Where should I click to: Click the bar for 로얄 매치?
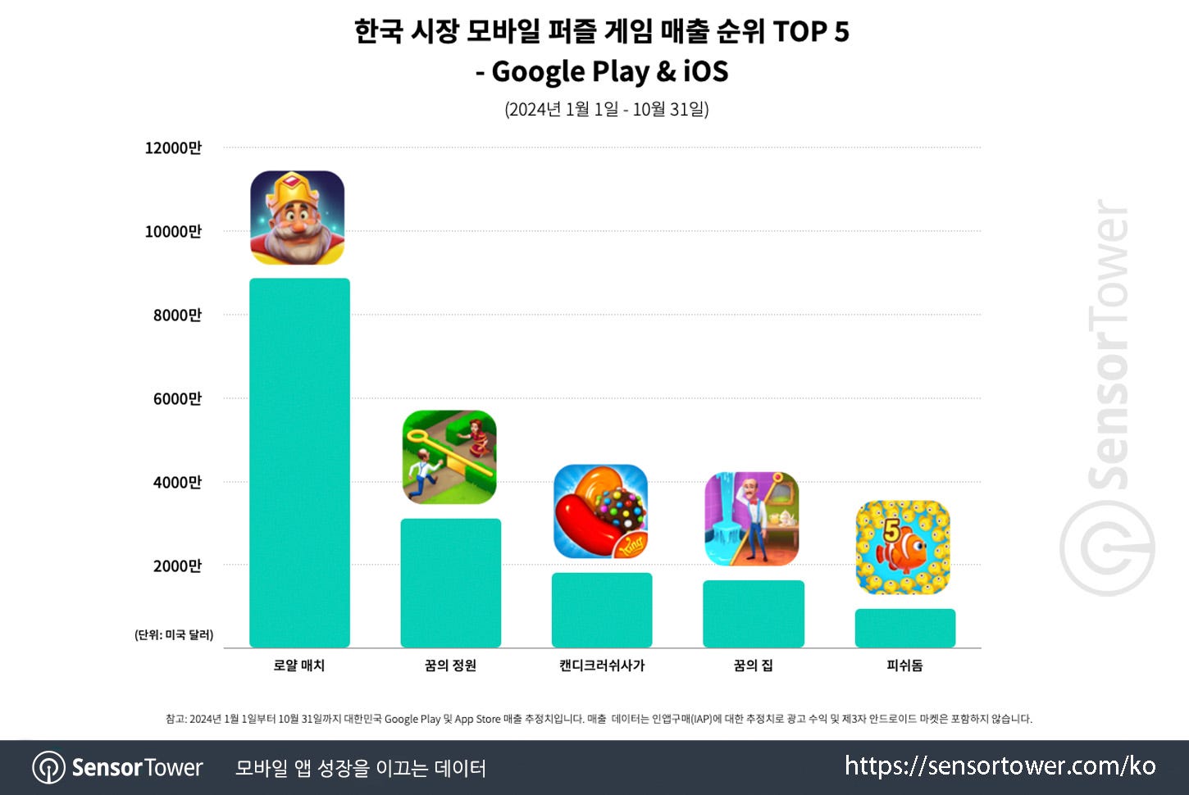click(299, 462)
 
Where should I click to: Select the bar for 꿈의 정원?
click(450, 583)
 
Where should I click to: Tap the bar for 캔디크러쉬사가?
click(602, 610)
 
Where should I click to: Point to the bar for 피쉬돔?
click(904, 628)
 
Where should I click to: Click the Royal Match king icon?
click(297, 218)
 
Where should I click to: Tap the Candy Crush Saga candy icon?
click(600, 511)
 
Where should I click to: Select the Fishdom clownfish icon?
click(903, 547)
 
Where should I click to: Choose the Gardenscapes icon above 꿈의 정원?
click(449, 457)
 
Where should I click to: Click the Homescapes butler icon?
click(752, 519)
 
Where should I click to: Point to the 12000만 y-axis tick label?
click(173, 148)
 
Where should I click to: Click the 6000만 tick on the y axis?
click(177, 399)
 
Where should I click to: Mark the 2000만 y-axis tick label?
click(177, 566)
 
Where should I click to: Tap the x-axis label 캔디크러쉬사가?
click(602, 666)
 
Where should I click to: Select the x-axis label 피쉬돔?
click(904, 666)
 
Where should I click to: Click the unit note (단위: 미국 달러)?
click(174, 635)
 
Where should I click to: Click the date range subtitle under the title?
click(606, 109)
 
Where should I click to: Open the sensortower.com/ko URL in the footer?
click(1000, 766)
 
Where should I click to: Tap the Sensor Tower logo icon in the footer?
click(48, 768)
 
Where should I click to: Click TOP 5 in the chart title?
click(810, 32)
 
